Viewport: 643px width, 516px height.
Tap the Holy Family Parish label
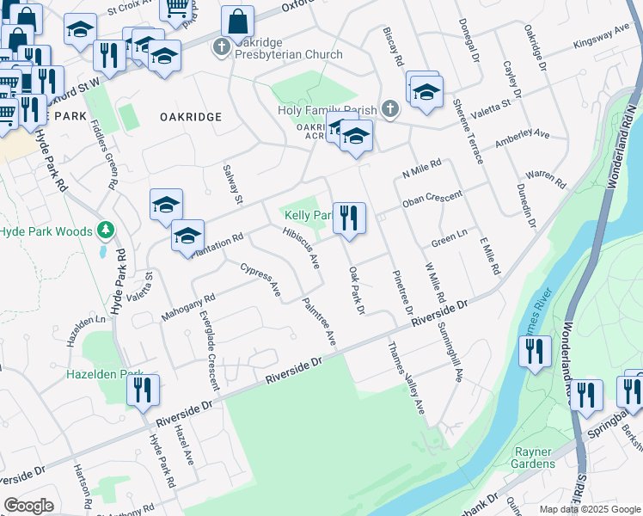click(x=328, y=110)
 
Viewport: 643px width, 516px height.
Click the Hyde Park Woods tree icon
click(x=106, y=230)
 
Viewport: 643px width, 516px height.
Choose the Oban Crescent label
click(x=432, y=200)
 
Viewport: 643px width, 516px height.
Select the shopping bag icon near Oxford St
click(x=237, y=22)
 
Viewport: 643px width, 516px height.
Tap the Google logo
click(x=28, y=506)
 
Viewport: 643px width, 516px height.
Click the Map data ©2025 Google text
click(x=589, y=509)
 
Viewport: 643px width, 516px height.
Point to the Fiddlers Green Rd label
click(x=104, y=154)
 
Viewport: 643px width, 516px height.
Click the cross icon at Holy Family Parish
click(x=390, y=109)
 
